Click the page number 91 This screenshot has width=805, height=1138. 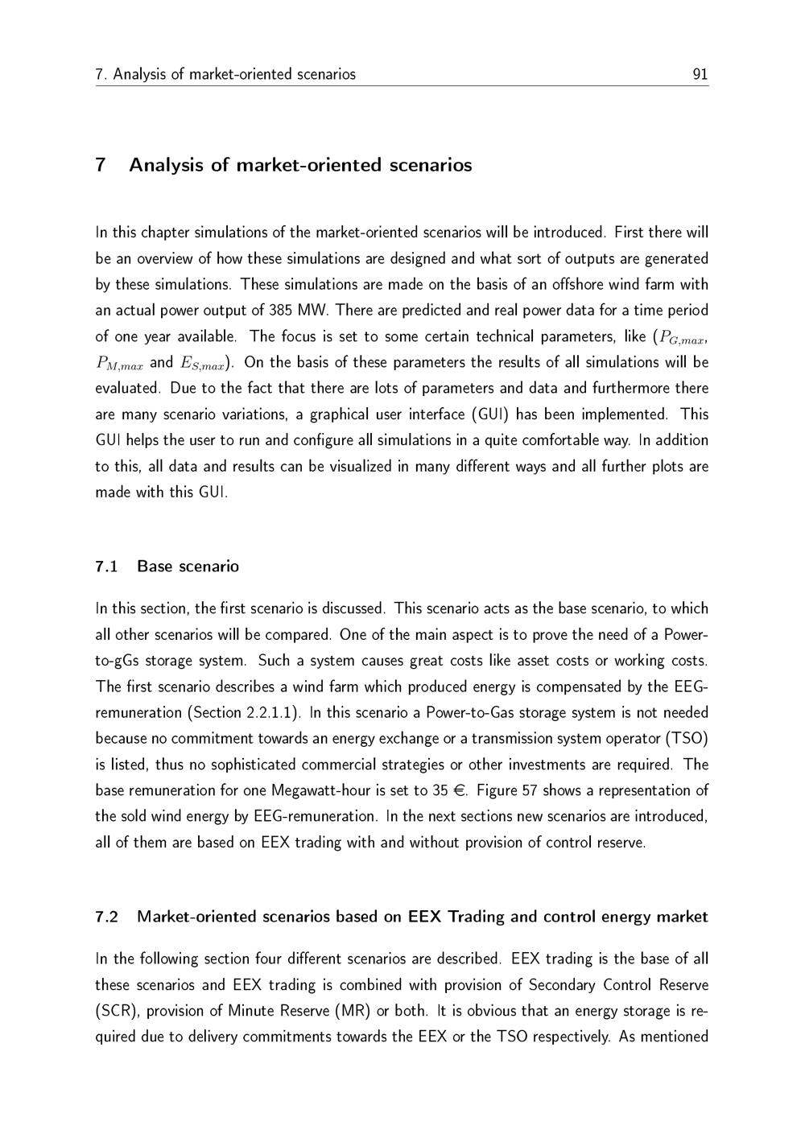(700, 74)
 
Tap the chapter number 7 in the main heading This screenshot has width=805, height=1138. (101, 165)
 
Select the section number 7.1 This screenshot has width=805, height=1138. (106, 567)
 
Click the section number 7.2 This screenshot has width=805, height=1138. (106, 917)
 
